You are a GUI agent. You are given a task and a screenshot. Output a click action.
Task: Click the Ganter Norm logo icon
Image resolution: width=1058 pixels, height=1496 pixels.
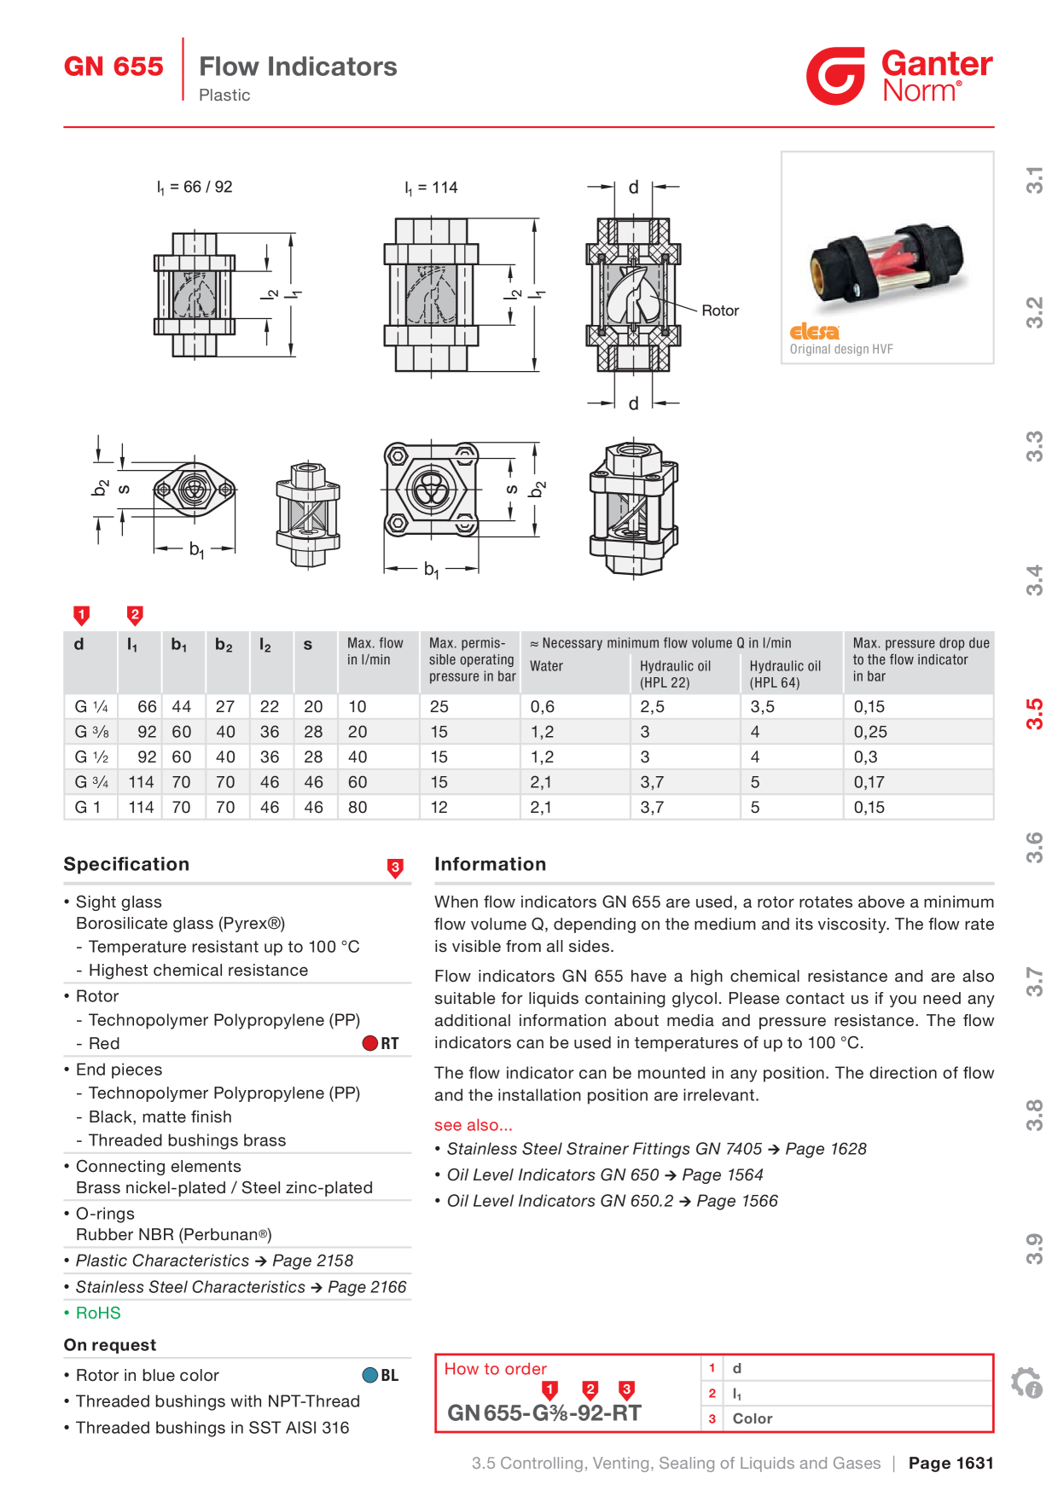point(835,76)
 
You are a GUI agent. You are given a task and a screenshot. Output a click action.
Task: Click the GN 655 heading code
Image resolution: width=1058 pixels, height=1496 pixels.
point(113,67)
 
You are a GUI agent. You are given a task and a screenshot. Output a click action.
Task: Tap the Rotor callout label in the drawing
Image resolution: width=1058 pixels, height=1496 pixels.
point(720,310)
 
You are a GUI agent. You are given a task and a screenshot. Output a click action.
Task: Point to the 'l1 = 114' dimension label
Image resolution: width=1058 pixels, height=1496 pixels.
point(431,188)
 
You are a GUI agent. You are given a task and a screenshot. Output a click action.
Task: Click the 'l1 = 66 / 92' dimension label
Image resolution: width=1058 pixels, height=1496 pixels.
point(195,187)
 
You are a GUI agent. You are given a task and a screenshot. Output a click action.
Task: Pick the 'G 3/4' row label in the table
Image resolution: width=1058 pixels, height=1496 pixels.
point(91,782)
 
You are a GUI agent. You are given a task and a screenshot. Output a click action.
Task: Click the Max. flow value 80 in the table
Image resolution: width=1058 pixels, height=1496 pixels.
point(358,807)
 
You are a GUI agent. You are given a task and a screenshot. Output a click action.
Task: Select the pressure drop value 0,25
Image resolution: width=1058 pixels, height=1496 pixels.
point(870,732)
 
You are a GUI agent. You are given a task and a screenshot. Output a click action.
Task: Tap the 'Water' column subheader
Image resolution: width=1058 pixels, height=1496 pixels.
point(546,666)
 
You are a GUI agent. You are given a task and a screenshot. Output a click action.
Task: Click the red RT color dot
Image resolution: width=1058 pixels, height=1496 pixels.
point(370,1043)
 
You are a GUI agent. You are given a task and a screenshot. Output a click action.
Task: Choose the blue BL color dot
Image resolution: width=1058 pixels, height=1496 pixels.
point(370,1375)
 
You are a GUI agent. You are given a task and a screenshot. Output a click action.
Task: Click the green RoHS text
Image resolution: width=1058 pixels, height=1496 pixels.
point(98,1313)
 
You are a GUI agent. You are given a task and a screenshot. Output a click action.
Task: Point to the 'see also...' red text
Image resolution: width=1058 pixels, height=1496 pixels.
point(474,1125)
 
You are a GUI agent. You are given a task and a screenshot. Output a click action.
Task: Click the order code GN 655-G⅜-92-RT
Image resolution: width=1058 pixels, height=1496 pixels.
point(544,1413)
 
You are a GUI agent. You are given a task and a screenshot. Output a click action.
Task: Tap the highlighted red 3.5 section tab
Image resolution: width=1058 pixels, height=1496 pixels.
point(1034,714)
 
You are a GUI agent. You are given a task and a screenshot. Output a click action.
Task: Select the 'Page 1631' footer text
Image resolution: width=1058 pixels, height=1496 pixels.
point(951,1463)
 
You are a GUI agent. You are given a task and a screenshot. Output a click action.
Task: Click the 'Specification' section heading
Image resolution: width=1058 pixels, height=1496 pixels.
point(126,864)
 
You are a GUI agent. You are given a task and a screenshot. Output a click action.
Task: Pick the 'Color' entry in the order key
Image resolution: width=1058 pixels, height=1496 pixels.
point(753,1418)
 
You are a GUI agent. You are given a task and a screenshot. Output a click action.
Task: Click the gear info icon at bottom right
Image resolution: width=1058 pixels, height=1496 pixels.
point(1026,1383)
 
